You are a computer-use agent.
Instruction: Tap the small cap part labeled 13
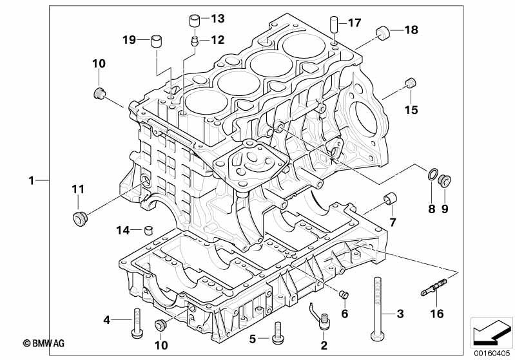[x=195, y=20]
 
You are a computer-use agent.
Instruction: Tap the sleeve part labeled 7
[x=389, y=199]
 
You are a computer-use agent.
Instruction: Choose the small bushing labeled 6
[x=344, y=296]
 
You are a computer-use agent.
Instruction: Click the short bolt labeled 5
[x=278, y=332]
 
